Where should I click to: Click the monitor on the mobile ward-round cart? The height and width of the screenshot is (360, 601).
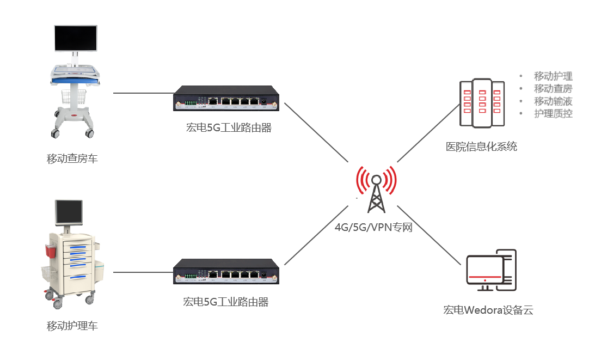click(x=75, y=38)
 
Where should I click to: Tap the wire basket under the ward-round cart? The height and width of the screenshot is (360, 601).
click(x=73, y=97)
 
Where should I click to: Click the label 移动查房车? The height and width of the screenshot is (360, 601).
click(x=72, y=159)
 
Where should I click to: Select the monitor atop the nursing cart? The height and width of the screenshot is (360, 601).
click(x=69, y=212)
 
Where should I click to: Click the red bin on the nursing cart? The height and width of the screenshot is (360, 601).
click(x=51, y=251)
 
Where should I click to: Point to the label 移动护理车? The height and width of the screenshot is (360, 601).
click(x=72, y=326)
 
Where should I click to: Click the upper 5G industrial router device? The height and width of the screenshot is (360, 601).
click(x=226, y=99)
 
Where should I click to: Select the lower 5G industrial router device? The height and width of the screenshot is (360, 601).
click(x=226, y=271)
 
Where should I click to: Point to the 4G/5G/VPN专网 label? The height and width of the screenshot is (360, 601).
click(x=373, y=227)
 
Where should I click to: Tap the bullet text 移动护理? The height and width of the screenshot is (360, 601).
click(x=553, y=76)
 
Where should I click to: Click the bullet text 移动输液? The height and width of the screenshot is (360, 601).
click(x=553, y=101)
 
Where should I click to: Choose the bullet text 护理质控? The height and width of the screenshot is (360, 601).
click(x=553, y=114)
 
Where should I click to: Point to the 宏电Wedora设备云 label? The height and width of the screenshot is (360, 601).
click(x=488, y=310)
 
